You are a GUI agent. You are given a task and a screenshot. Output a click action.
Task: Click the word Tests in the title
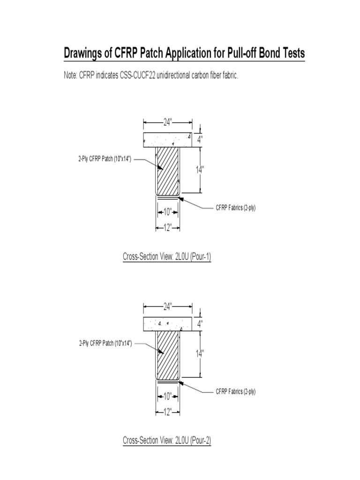click(291, 54)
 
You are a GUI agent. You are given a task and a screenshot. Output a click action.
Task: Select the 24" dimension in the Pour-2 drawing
click(167, 306)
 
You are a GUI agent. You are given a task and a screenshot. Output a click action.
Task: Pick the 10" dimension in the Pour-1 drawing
click(167, 212)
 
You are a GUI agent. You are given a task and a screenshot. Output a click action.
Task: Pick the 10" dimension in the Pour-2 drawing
click(167, 396)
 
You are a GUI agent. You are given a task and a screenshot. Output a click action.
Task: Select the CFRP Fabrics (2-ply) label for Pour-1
click(235, 208)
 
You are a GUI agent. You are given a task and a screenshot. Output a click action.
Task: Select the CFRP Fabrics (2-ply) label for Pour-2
click(235, 391)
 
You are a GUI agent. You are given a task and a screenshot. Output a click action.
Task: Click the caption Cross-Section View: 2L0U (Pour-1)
click(166, 256)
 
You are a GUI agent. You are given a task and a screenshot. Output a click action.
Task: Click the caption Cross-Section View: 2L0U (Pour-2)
click(166, 440)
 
